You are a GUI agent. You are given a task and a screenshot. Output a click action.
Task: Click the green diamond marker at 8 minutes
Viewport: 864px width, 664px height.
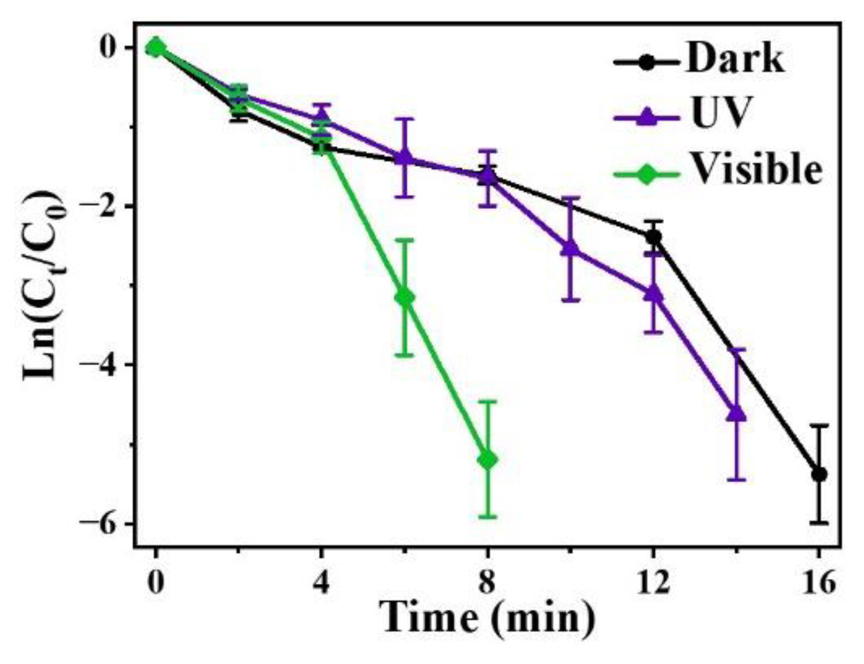point(488,460)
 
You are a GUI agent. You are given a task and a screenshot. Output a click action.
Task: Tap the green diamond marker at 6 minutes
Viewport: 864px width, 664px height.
point(405,297)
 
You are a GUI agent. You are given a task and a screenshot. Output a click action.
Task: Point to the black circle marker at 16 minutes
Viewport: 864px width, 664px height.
point(819,474)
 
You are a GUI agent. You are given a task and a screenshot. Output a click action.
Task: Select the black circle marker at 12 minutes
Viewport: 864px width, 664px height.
point(654,236)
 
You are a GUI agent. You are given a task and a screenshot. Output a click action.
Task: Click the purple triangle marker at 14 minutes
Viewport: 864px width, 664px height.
point(737,413)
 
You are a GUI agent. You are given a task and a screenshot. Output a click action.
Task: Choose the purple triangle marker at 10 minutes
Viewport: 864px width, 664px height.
point(570,247)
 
